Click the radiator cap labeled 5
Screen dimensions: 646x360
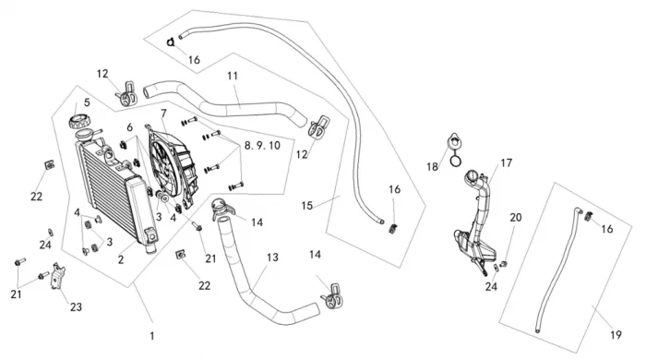pyautogui.click(x=78, y=122)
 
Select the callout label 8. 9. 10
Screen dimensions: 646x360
pyautogui.click(x=262, y=146)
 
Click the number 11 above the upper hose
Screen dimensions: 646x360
pyautogui.click(x=233, y=76)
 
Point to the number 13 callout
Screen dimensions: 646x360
pyautogui.click(x=272, y=258)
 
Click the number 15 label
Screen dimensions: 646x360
pyautogui.click(x=307, y=205)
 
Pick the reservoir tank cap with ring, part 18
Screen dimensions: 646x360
pyautogui.click(x=455, y=150)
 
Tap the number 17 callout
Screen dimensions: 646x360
pyautogui.click(x=507, y=163)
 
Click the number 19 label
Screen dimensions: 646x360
pyautogui.click(x=616, y=335)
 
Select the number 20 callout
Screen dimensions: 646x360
pyautogui.click(x=516, y=218)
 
